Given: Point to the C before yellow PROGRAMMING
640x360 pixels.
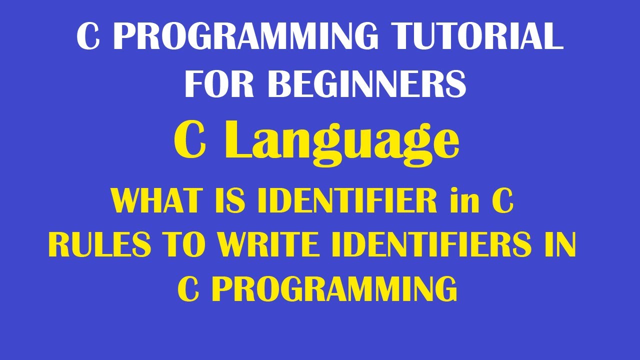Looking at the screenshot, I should [188, 289].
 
